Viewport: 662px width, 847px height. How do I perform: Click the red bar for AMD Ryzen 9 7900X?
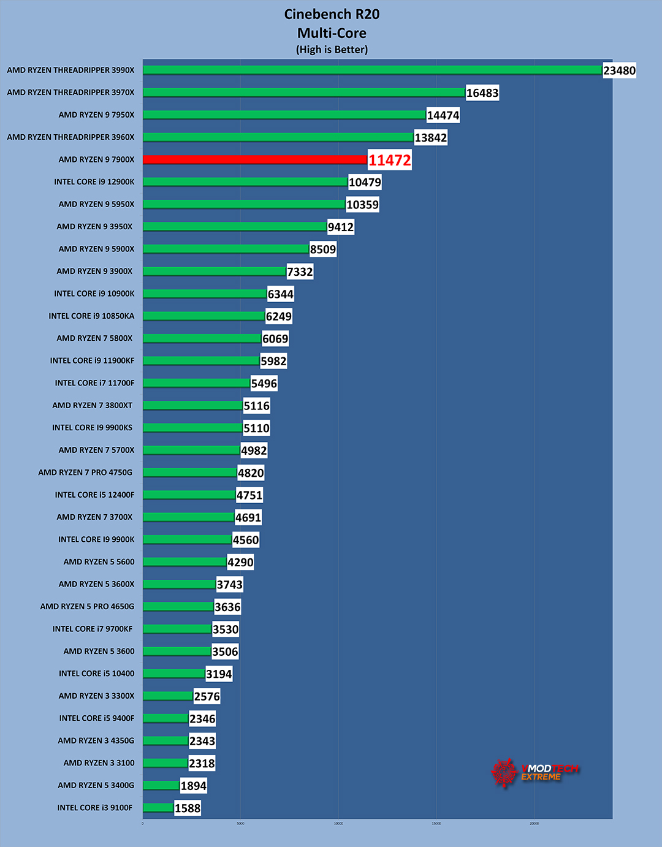pyautogui.click(x=254, y=159)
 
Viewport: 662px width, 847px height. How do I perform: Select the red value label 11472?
pyautogui.click(x=389, y=161)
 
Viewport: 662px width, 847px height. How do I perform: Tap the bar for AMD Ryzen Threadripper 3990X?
pyautogui.click(x=372, y=70)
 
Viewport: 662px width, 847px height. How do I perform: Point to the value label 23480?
pyautogui.click(x=619, y=70)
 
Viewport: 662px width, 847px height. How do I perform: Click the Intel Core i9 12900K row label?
pyautogui.click(x=94, y=182)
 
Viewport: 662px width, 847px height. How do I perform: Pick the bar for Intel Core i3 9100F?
pyautogui.click(x=158, y=808)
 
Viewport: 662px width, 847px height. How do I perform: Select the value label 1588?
pyautogui.click(x=188, y=808)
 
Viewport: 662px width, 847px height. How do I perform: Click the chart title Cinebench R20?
pyautogui.click(x=332, y=14)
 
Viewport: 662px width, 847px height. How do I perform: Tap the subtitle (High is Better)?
pyautogui.click(x=332, y=50)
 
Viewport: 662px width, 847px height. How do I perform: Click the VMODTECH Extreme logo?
pyautogui.click(x=535, y=772)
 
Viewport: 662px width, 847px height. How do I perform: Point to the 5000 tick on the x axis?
pyautogui.click(x=240, y=824)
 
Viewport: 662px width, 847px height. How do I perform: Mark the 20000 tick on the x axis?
pyautogui.click(x=534, y=824)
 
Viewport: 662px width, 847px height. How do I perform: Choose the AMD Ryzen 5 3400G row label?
pyautogui.click(x=96, y=786)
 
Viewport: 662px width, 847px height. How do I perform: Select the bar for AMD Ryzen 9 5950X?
pyautogui.click(x=243, y=204)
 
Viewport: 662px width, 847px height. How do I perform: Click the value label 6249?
pyautogui.click(x=278, y=316)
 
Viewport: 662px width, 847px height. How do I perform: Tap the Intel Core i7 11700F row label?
pyautogui.click(x=94, y=383)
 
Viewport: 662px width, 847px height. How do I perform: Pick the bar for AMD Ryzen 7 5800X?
pyautogui.click(x=202, y=338)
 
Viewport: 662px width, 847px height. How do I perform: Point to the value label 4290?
pyautogui.click(x=240, y=563)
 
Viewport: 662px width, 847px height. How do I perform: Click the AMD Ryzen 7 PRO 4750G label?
pyautogui.click(x=85, y=473)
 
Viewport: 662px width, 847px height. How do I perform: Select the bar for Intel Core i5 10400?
pyautogui.click(x=173, y=674)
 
